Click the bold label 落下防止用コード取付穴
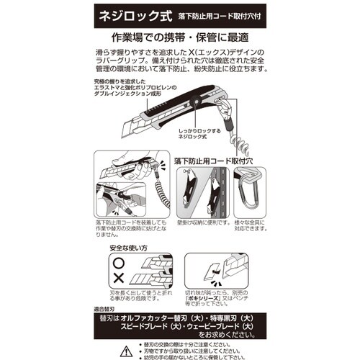220,161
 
